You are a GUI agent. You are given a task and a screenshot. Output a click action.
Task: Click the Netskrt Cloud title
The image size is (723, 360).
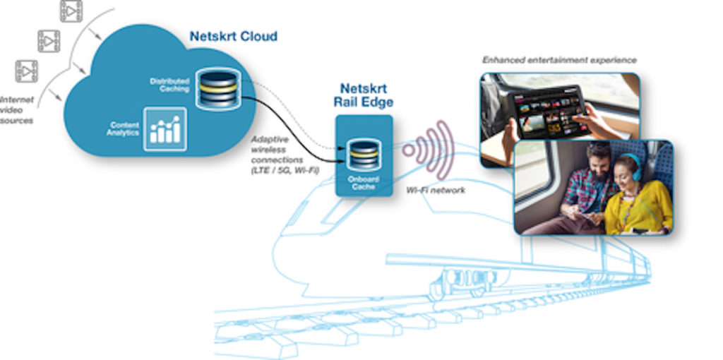pyautogui.click(x=233, y=36)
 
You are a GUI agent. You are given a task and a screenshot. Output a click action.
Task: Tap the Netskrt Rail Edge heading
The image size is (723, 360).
pyautogui.click(x=363, y=96)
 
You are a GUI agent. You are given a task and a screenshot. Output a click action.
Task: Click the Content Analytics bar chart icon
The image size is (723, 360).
pyautogui.click(x=165, y=129)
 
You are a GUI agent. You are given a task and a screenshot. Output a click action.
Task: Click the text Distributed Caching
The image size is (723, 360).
pyautogui.click(x=169, y=85)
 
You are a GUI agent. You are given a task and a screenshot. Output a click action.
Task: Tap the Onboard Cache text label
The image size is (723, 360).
pyautogui.click(x=363, y=183)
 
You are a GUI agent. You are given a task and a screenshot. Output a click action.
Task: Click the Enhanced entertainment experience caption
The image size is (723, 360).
pyautogui.click(x=559, y=61)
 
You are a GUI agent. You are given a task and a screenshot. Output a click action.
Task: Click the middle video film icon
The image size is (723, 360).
pyautogui.click(x=48, y=41)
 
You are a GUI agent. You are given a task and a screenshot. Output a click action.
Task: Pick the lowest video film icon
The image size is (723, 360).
pyautogui.click(x=27, y=71)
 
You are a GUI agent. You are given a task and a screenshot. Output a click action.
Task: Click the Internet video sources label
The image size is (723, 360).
pyautogui.click(x=16, y=110)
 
